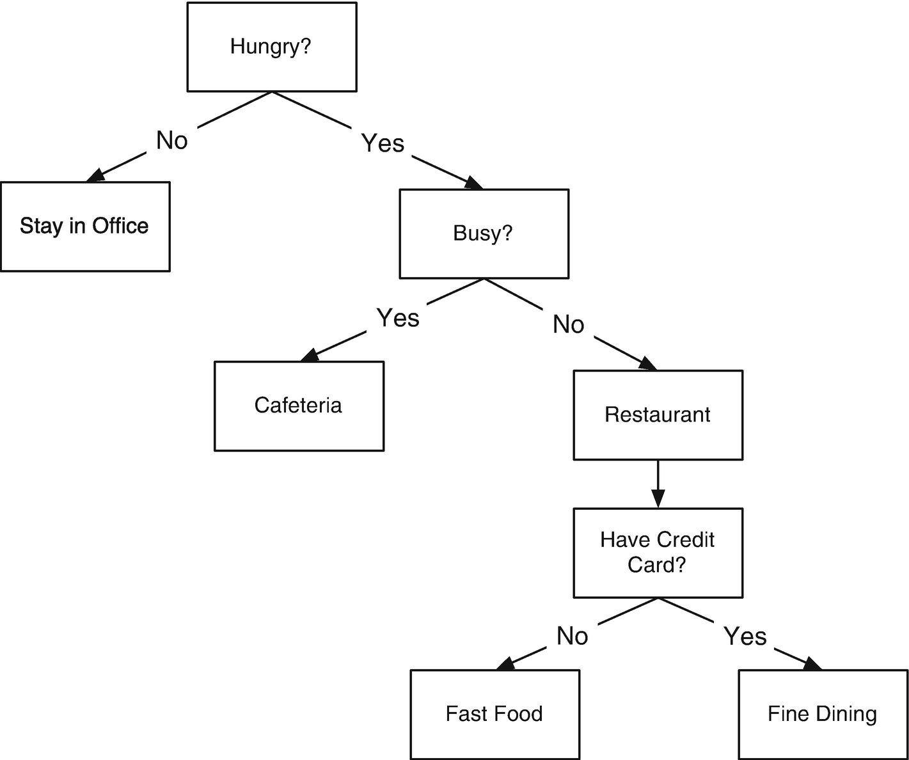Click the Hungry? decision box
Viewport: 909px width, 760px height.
[x=271, y=47]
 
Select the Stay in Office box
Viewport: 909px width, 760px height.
[x=85, y=226]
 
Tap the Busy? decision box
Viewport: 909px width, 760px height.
[x=484, y=234]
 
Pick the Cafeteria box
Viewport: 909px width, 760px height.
[x=299, y=406]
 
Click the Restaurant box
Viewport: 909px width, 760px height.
[x=658, y=415]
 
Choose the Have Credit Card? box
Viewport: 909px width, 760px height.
[x=658, y=553]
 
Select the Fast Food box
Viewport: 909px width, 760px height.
[x=494, y=714]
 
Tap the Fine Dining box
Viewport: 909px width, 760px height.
[x=823, y=714]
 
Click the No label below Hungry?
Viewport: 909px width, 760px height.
[x=172, y=140]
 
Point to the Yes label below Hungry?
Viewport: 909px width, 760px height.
[x=383, y=143]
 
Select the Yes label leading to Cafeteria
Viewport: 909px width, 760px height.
[x=398, y=318]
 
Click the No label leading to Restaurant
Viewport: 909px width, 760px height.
[x=568, y=325]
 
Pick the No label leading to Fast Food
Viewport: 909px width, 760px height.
[x=572, y=637]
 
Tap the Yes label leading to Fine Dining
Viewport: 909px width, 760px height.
[x=745, y=637]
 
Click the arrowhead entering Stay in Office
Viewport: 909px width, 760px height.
[x=95, y=176]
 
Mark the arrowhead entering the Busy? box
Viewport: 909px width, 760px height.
[x=473, y=183]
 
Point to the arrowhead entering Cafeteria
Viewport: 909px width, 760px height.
[x=310, y=355]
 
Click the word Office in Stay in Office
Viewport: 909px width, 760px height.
[x=120, y=226]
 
